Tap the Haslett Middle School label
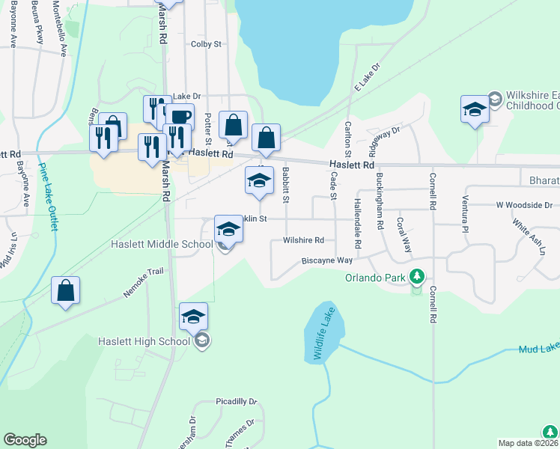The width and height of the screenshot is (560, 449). click(161, 244)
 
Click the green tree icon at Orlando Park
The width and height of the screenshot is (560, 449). click(417, 278)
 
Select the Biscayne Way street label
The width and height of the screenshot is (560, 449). click(326, 260)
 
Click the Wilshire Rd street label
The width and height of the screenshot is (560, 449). click(303, 240)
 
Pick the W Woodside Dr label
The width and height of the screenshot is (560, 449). click(523, 204)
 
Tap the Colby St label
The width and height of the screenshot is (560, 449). click(207, 44)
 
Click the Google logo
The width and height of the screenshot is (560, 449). click(25, 440)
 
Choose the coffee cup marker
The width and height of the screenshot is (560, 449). click(179, 117)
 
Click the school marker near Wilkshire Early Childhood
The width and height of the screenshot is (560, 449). click(475, 109)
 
